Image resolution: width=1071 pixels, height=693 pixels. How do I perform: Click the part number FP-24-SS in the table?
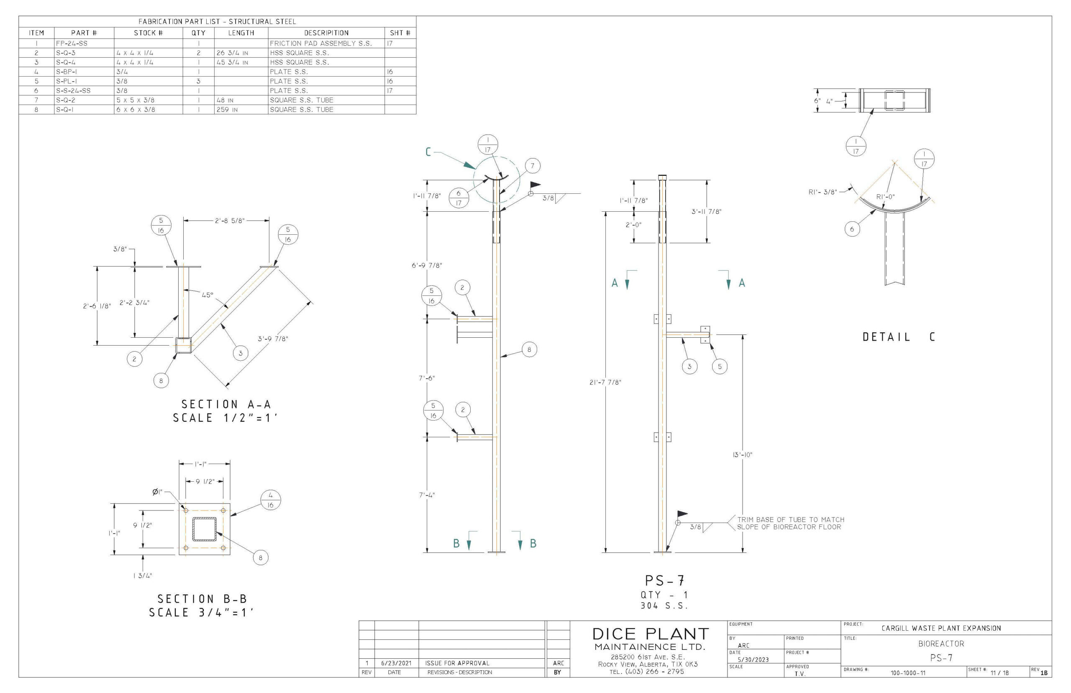tap(72, 44)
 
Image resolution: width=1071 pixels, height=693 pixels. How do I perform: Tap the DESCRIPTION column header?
tap(326, 33)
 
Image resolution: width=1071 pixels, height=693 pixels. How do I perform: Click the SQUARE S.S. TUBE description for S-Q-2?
tap(301, 100)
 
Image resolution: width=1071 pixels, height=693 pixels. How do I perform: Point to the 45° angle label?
tap(208, 295)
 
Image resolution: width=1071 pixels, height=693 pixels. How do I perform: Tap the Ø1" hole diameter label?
tap(157, 492)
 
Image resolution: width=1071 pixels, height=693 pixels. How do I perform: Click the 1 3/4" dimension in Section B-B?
tap(143, 575)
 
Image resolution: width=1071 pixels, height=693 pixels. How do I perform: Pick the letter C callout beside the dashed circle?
tap(428, 152)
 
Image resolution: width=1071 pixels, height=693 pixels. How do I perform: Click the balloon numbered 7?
tap(532, 166)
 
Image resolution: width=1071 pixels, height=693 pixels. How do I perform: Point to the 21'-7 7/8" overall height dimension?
tap(605, 382)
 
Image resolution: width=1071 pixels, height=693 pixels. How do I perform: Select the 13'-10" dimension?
tap(742, 454)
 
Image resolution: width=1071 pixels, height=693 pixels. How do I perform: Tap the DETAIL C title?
tap(898, 336)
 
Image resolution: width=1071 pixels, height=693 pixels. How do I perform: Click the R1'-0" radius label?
tap(885, 197)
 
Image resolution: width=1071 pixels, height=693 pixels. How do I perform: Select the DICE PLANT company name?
tap(650, 634)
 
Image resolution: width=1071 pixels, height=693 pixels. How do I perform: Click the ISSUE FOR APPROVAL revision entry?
tap(457, 663)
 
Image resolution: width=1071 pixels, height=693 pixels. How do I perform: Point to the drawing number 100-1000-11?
tap(908, 673)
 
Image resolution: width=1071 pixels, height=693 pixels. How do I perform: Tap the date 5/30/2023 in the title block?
tap(753, 660)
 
